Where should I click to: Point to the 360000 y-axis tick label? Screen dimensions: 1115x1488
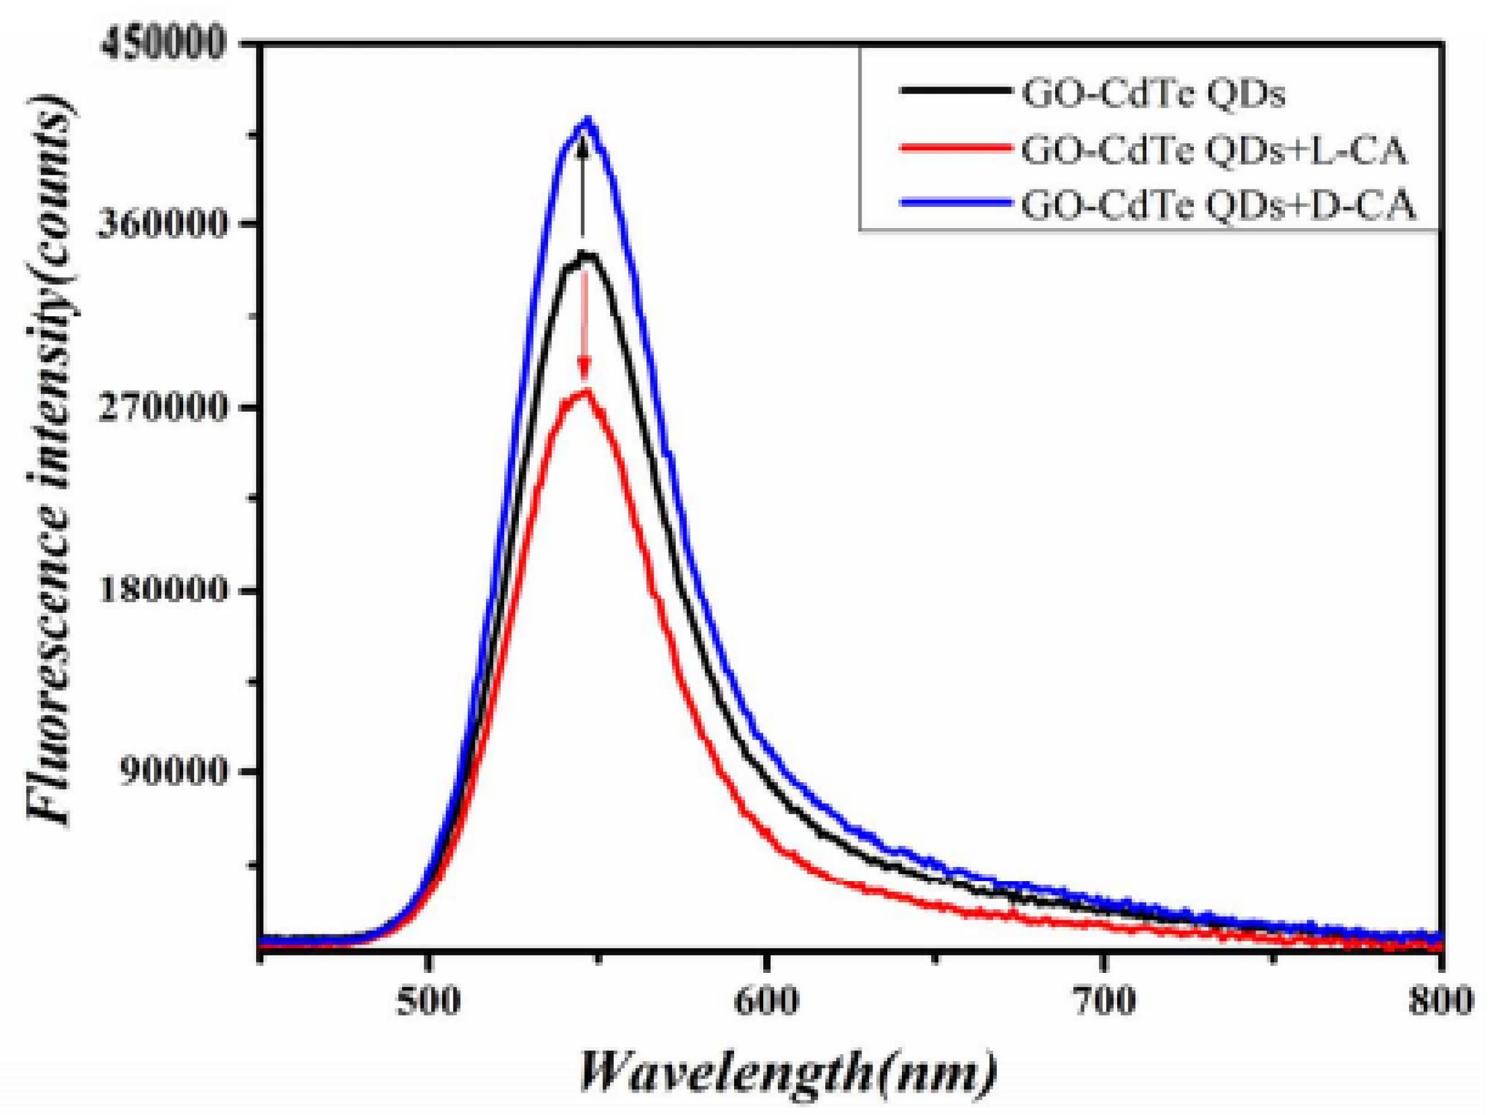coord(161,224)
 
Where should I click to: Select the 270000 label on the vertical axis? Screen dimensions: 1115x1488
coord(161,408)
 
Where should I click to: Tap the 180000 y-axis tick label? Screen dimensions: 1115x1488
coord(161,591)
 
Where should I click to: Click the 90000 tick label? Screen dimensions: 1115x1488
coord(173,771)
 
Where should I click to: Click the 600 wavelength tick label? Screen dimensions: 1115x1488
coord(766,1000)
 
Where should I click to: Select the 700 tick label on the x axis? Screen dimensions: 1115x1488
coord(1104,1000)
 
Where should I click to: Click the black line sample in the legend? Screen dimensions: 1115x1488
coord(956,89)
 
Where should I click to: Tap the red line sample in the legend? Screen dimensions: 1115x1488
coord(956,146)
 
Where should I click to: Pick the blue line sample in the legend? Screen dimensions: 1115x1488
coord(956,201)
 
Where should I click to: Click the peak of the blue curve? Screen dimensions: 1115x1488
coord(588,122)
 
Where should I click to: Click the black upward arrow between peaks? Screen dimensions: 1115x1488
coord(583,188)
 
